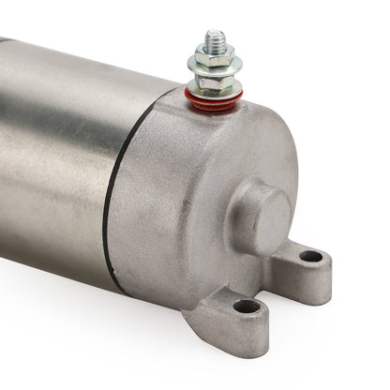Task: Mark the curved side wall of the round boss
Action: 241,225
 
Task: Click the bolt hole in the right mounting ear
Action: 309,256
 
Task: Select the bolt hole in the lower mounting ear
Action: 247,306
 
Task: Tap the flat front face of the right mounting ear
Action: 314,277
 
